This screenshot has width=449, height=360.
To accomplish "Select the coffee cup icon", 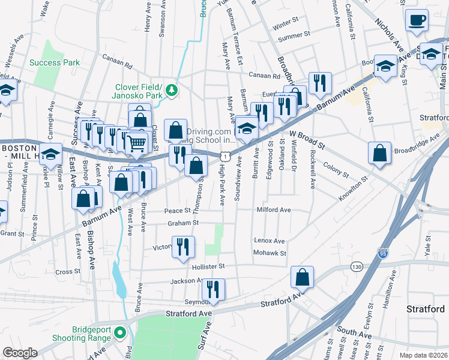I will pyautogui.click(x=417, y=20).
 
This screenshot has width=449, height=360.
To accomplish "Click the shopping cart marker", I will pyautogui.click(x=137, y=143).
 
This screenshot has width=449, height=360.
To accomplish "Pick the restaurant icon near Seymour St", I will pyautogui.click(x=213, y=290).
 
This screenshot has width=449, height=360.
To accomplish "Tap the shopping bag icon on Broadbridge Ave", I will pyautogui.click(x=380, y=153).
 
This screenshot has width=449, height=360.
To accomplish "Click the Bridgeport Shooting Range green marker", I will pyautogui.click(x=119, y=332).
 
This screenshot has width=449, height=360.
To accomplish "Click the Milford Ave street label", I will pyautogui.click(x=273, y=210).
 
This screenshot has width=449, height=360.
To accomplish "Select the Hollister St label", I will pyautogui.click(x=208, y=266).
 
